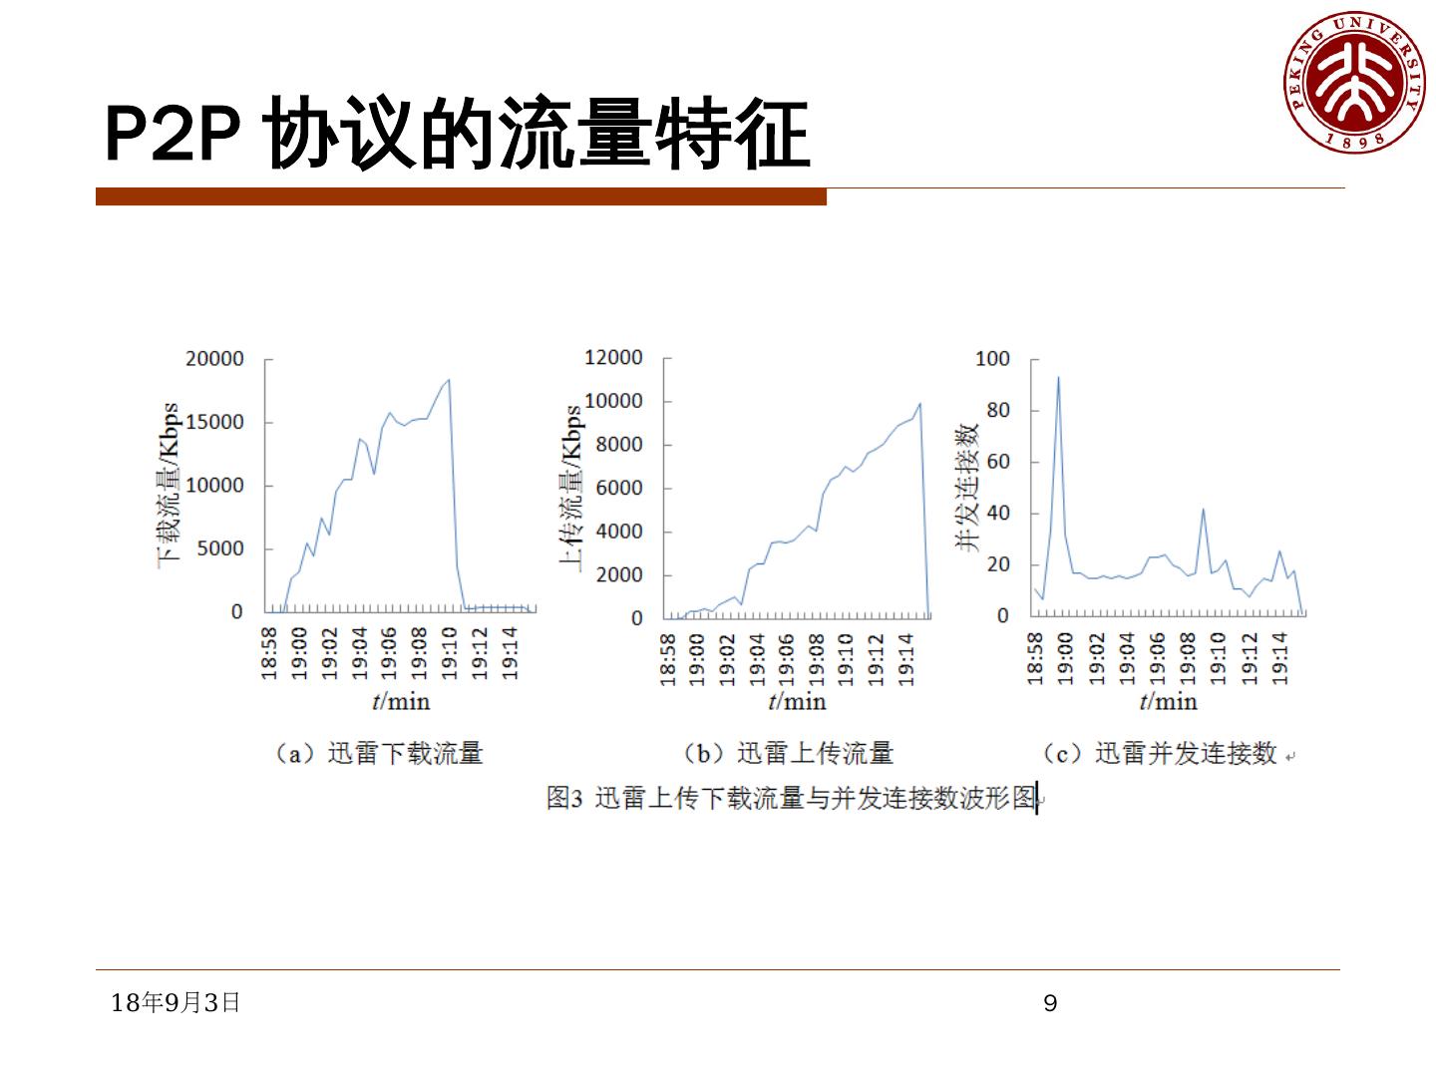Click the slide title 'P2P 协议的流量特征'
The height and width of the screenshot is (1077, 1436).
click(x=457, y=135)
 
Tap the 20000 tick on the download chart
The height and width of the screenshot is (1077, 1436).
click(x=214, y=359)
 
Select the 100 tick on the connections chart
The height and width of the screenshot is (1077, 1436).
click(x=992, y=359)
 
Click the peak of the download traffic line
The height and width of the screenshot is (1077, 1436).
click(x=449, y=379)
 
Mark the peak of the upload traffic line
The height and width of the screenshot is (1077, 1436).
click(x=919, y=404)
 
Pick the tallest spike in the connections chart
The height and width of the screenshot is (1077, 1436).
click(x=1058, y=377)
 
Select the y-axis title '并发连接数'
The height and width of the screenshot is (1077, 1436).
click(x=967, y=487)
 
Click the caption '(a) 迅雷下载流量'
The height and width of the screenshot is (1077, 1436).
click(x=378, y=753)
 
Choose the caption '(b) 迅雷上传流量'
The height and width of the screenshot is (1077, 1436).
click(x=788, y=753)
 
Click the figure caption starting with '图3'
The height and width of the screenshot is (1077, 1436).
click(x=792, y=798)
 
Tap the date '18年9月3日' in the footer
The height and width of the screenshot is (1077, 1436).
click(x=176, y=1002)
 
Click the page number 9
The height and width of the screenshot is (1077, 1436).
click(x=1050, y=1003)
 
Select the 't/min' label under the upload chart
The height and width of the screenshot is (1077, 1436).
click(x=797, y=701)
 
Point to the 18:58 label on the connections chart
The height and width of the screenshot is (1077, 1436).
click(x=1035, y=658)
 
